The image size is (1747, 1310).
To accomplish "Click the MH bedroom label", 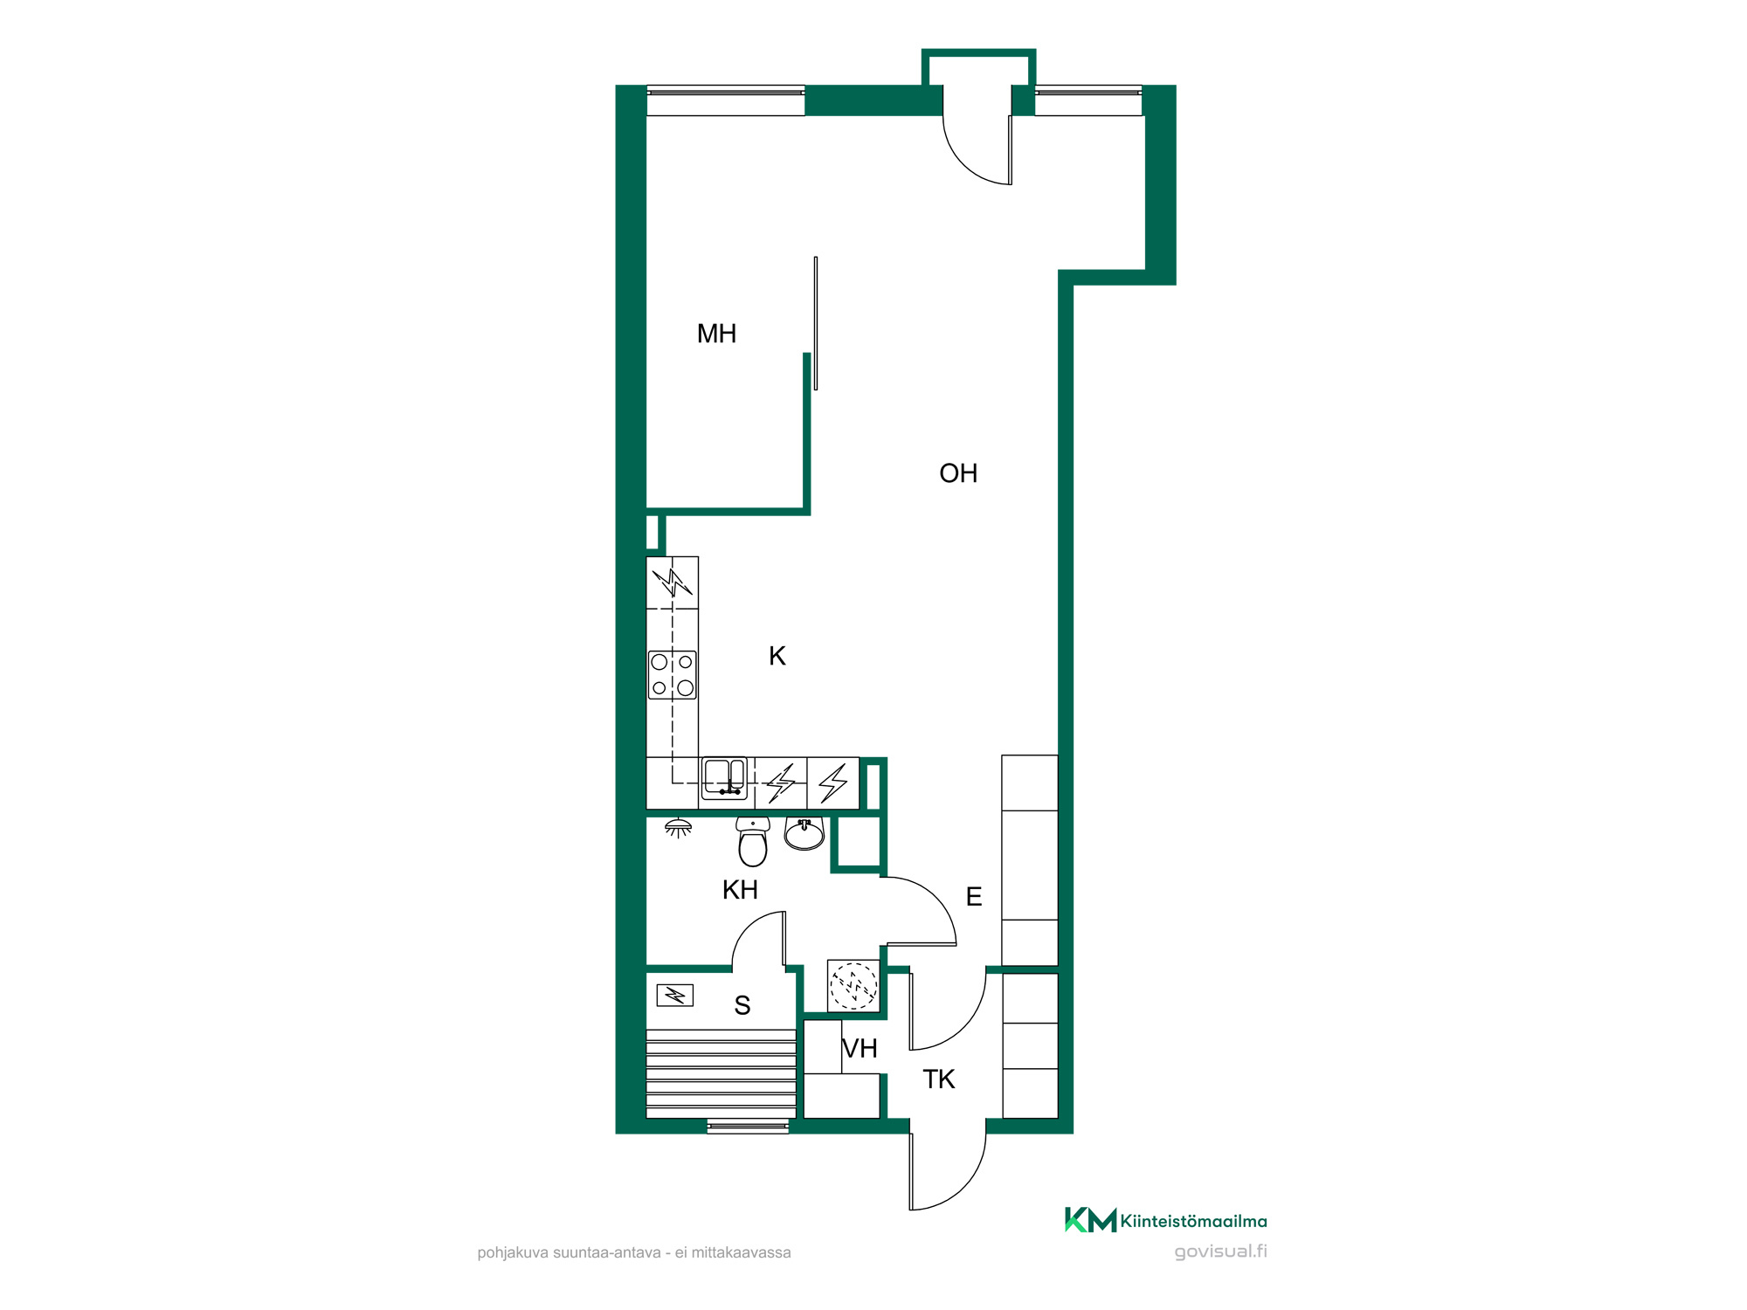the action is tap(716, 334).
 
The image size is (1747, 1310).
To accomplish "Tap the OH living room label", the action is tap(958, 473).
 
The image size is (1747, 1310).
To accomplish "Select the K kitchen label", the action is tap(777, 656).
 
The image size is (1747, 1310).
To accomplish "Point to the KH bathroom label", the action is tap(740, 890).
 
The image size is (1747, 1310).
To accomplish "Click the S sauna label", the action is tap(742, 1005).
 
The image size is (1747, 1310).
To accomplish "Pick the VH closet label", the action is tap(860, 1048).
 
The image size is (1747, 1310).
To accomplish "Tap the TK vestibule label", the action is tap(939, 1079).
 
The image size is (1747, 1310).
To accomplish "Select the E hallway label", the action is tap(974, 897).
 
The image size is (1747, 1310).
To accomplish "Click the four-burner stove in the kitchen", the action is tap(673, 675).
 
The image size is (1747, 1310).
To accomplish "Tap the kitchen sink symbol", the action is tap(724, 778).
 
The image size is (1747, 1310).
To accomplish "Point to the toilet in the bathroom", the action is tap(753, 841).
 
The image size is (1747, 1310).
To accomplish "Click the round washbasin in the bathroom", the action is tap(804, 834).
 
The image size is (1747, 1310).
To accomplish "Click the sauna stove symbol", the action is tap(675, 995).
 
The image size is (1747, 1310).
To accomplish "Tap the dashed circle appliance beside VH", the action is tap(853, 985).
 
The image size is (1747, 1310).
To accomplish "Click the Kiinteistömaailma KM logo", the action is tap(1165, 1220).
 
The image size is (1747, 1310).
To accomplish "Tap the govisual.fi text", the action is tap(1220, 1251).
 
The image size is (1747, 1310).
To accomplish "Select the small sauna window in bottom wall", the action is tap(748, 1127).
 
